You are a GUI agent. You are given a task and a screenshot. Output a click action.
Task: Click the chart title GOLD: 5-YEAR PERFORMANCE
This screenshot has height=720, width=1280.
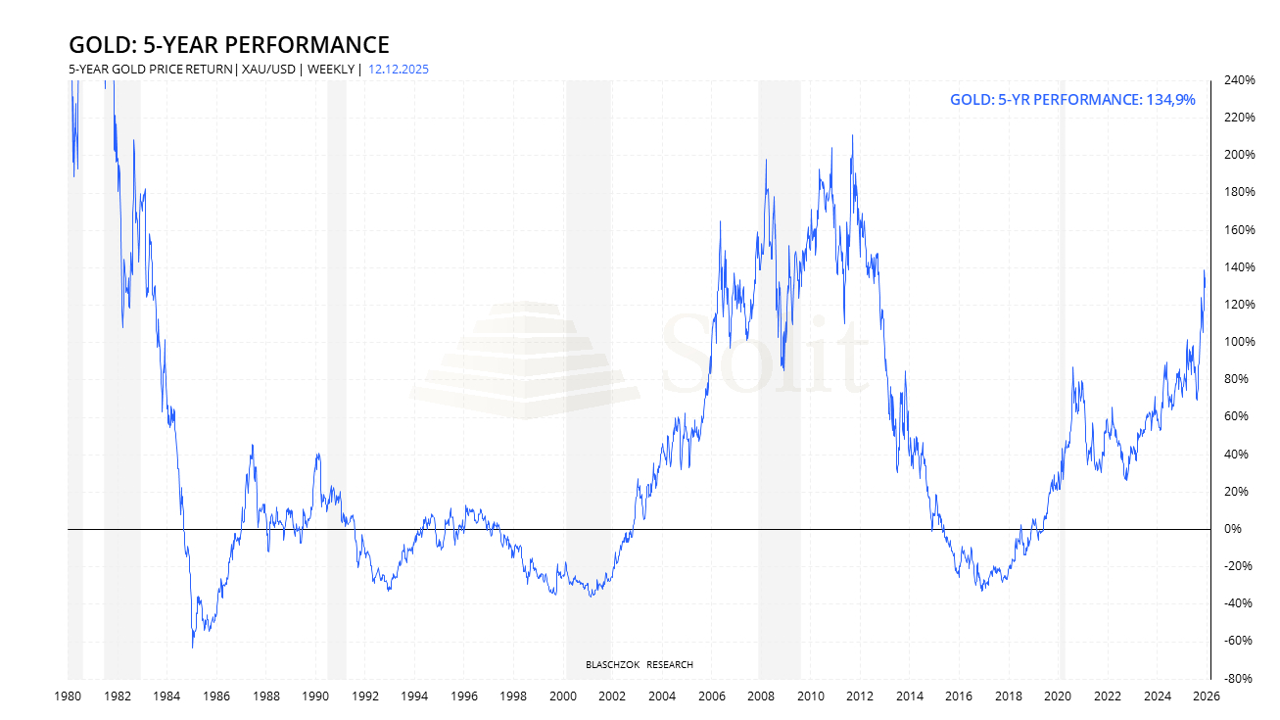click(x=228, y=45)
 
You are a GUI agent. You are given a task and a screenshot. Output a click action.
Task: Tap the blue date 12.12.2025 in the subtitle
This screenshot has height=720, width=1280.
click(x=399, y=70)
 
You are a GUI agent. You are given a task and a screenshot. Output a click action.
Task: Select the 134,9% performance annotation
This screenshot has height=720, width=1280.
click(x=1072, y=100)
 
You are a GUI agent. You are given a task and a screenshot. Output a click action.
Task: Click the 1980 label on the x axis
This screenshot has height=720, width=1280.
click(x=68, y=696)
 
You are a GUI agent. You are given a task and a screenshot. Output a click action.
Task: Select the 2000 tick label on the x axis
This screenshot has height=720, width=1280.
click(x=563, y=696)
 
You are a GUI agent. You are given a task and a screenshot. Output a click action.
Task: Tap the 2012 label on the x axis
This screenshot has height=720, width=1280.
click(x=860, y=696)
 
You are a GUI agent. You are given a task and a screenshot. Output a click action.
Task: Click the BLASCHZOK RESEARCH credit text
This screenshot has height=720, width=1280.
click(x=639, y=665)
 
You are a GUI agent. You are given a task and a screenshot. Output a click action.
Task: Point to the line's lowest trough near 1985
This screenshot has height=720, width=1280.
click(x=192, y=647)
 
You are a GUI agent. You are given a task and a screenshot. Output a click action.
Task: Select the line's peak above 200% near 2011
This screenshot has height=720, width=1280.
click(x=852, y=136)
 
